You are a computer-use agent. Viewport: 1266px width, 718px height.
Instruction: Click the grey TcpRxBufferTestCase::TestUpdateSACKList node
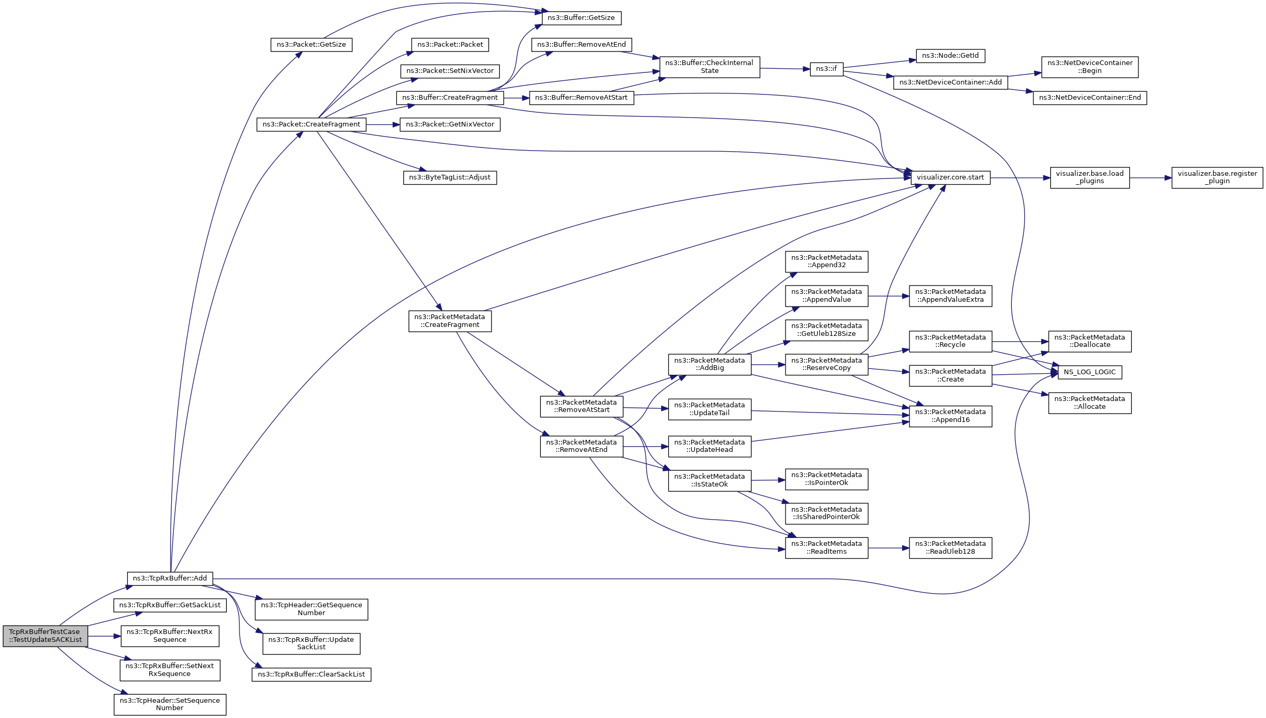tap(45, 636)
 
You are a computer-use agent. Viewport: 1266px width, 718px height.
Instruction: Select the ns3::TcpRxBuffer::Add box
tap(170, 578)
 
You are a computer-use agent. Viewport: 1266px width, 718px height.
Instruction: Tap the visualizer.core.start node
tap(950, 177)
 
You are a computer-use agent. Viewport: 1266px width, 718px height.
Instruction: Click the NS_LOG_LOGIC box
tap(1090, 372)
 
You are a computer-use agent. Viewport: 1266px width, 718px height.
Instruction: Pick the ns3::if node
tap(826, 69)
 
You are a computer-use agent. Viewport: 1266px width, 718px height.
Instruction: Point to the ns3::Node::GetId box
tap(950, 56)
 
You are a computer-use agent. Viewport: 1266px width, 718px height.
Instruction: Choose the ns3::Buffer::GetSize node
tap(581, 18)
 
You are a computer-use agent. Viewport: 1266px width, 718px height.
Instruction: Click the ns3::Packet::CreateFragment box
tap(311, 124)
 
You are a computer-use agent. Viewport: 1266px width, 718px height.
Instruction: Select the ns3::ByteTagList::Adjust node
tap(449, 177)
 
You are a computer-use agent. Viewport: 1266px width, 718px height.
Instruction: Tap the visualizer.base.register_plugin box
tap(1217, 177)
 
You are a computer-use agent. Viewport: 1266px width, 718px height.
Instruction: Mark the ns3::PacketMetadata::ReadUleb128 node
tap(950, 547)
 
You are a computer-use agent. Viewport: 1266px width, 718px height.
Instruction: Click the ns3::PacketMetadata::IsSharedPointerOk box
tap(826, 513)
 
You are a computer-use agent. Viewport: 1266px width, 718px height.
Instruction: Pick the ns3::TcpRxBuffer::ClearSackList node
tap(311, 674)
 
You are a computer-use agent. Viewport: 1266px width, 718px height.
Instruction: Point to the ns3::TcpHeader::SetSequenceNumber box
tap(170, 704)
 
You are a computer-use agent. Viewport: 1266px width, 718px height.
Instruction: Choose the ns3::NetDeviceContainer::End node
tap(1090, 98)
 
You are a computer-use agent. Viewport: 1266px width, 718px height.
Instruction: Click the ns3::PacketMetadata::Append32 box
tap(826, 261)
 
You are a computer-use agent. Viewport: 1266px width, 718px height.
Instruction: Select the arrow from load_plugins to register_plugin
tap(1150, 178)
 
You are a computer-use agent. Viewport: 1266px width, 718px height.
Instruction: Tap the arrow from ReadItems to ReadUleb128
tap(888, 548)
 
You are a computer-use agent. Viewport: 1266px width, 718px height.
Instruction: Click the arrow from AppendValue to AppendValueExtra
tap(888, 296)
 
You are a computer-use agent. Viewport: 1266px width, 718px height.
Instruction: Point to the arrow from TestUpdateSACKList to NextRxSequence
tap(104, 636)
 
